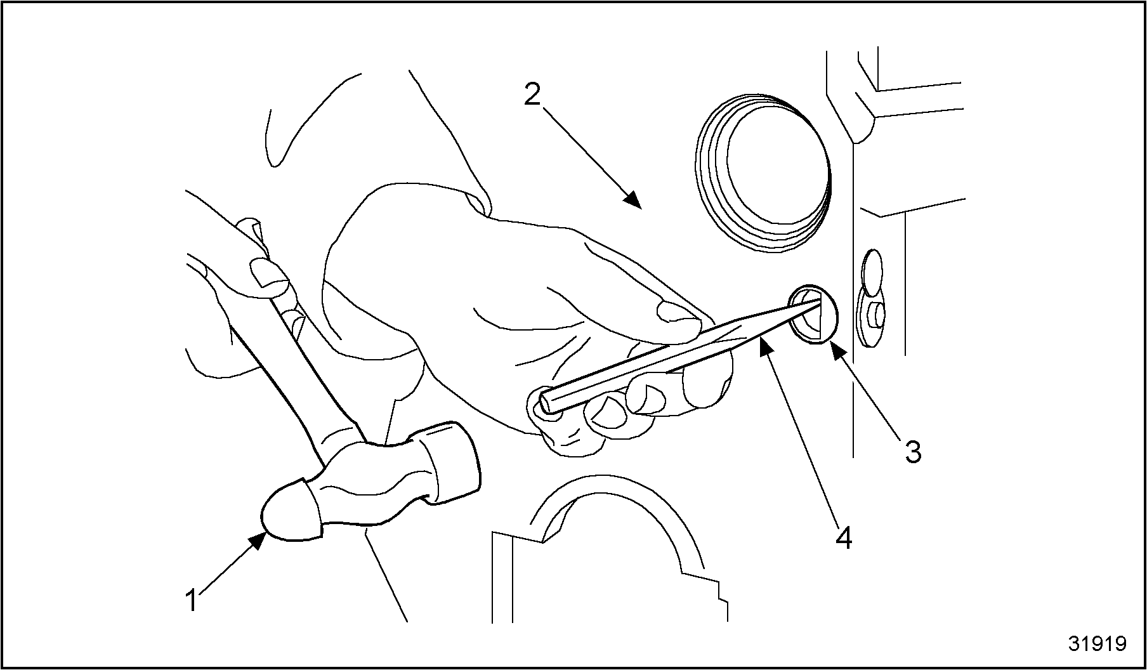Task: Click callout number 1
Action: pos(192,600)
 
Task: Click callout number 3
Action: pos(912,452)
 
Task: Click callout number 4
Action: pos(843,537)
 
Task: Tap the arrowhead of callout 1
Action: pos(258,541)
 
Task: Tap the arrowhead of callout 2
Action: pos(632,199)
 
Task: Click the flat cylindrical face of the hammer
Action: pos(452,462)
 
